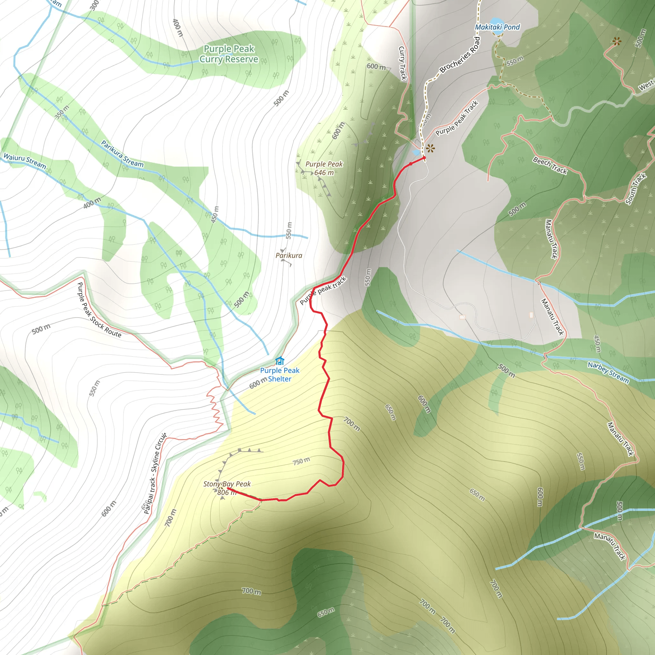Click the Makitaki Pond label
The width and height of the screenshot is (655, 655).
click(497, 27)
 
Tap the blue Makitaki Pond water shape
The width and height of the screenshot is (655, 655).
click(497, 24)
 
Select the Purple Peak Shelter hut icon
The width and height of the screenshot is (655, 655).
click(280, 360)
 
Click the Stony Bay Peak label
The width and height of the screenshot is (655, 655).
click(227, 484)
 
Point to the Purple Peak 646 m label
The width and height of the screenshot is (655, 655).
click(324, 168)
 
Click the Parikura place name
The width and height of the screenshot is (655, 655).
click(289, 255)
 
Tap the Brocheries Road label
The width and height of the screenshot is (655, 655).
click(460, 55)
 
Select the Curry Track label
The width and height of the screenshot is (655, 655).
click(402, 63)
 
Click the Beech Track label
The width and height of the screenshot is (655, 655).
click(550, 165)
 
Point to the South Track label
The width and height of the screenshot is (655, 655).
click(636, 189)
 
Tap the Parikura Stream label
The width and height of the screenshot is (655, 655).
click(122, 154)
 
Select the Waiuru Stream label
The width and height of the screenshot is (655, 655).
click(25, 161)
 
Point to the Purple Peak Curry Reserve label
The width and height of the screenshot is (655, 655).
click(229, 54)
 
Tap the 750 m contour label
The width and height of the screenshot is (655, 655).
click(301, 461)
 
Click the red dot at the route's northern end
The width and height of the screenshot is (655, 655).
click(424, 158)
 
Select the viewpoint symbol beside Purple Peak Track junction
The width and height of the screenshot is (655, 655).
click(430, 148)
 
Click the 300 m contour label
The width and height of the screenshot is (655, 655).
click(94, 5)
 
